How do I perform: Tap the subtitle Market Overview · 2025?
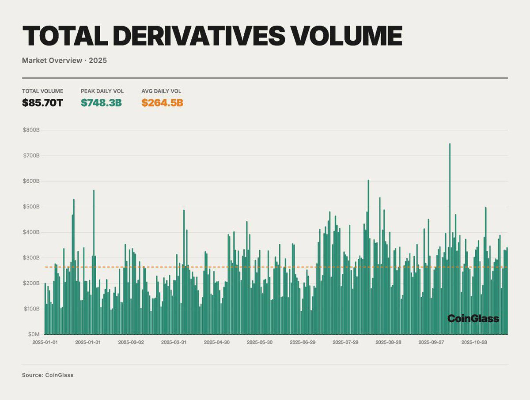[64, 60]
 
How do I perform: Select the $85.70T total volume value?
[42, 103]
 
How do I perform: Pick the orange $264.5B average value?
[162, 103]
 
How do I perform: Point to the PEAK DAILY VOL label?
[102, 91]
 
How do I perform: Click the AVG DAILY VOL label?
[161, 91]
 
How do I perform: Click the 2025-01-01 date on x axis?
[45, 342]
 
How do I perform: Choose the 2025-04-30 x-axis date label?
[217, 342]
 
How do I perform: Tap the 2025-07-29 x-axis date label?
[345, 342]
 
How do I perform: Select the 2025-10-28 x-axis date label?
[474, 342]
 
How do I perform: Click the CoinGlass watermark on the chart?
[473, 318]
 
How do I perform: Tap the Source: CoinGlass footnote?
[48, 375]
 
